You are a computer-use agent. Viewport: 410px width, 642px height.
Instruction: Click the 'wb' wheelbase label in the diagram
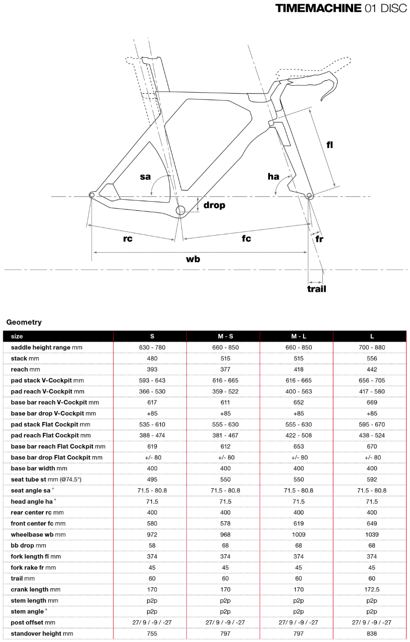click(x=193, y=259)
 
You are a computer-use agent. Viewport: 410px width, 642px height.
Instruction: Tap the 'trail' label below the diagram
click(x=316, y=289)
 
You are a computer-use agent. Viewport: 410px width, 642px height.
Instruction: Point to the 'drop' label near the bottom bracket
click(x=214, y=205)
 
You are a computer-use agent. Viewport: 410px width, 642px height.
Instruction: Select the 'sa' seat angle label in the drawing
click(x=145, y=176)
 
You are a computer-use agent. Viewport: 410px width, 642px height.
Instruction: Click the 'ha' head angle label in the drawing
click(x=273, y=176)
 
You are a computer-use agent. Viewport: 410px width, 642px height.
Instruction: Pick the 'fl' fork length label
click(x=330, y=145)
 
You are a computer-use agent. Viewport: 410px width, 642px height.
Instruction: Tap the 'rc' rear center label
click(x=128, y=239)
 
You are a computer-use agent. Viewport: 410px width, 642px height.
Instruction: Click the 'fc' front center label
click(x=247, y=238)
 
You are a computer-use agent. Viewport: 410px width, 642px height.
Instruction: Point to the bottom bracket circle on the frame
click(x=180, y=210)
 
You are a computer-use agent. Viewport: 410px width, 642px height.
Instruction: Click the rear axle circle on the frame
click(x=92, y=195)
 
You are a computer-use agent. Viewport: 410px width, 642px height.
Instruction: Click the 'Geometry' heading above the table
click(x=24, y=322)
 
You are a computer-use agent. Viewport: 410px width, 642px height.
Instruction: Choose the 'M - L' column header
click(x=298, y=336)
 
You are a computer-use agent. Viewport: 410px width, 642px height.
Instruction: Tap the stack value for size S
click(x=152, y=358)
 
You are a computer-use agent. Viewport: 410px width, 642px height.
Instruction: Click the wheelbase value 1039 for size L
click(x=372, y=535)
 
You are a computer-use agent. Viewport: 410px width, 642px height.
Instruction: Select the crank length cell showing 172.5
click(x=372, y=589)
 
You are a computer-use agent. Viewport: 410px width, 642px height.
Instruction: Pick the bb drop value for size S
click(x=152, y=546)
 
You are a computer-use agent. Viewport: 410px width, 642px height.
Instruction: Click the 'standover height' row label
click(x=42, y=633)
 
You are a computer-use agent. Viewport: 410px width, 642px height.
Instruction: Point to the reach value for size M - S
click(x=225, y=369)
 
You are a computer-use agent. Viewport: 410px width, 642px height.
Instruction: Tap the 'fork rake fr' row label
click(x=34, y=568)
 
